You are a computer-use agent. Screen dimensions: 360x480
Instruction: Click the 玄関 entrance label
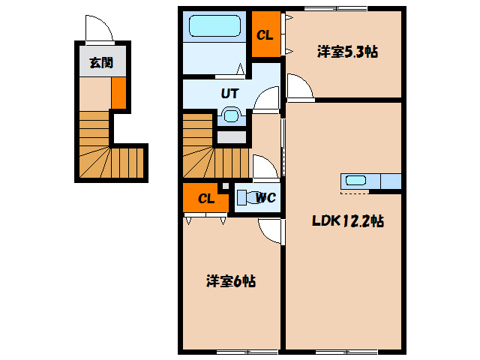(101, 63)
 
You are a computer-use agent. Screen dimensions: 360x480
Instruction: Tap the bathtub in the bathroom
(214, 27)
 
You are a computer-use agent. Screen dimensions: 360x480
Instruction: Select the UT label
(229, 94)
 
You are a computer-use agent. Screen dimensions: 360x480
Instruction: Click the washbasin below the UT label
(230, 116)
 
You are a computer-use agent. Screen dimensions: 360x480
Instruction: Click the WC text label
(266, 198)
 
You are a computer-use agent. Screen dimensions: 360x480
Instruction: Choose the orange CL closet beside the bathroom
(265, 34)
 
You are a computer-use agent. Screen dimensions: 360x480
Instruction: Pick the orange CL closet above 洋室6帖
(205, 199)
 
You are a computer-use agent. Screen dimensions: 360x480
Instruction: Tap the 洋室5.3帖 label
(346, 52)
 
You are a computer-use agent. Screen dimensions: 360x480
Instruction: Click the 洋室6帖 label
(231, 281)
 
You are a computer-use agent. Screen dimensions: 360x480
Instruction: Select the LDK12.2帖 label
(348, 221)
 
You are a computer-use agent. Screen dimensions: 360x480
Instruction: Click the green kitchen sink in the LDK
(356, 181)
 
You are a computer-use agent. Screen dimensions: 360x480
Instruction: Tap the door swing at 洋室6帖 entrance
(270, 230)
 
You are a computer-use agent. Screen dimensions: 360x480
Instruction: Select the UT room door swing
(265, 100)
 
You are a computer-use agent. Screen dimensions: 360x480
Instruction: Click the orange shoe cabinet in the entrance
(118, 92)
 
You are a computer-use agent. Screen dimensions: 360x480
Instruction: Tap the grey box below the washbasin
(232, 137)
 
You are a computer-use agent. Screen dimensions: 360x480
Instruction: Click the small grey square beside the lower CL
(224, 184)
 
